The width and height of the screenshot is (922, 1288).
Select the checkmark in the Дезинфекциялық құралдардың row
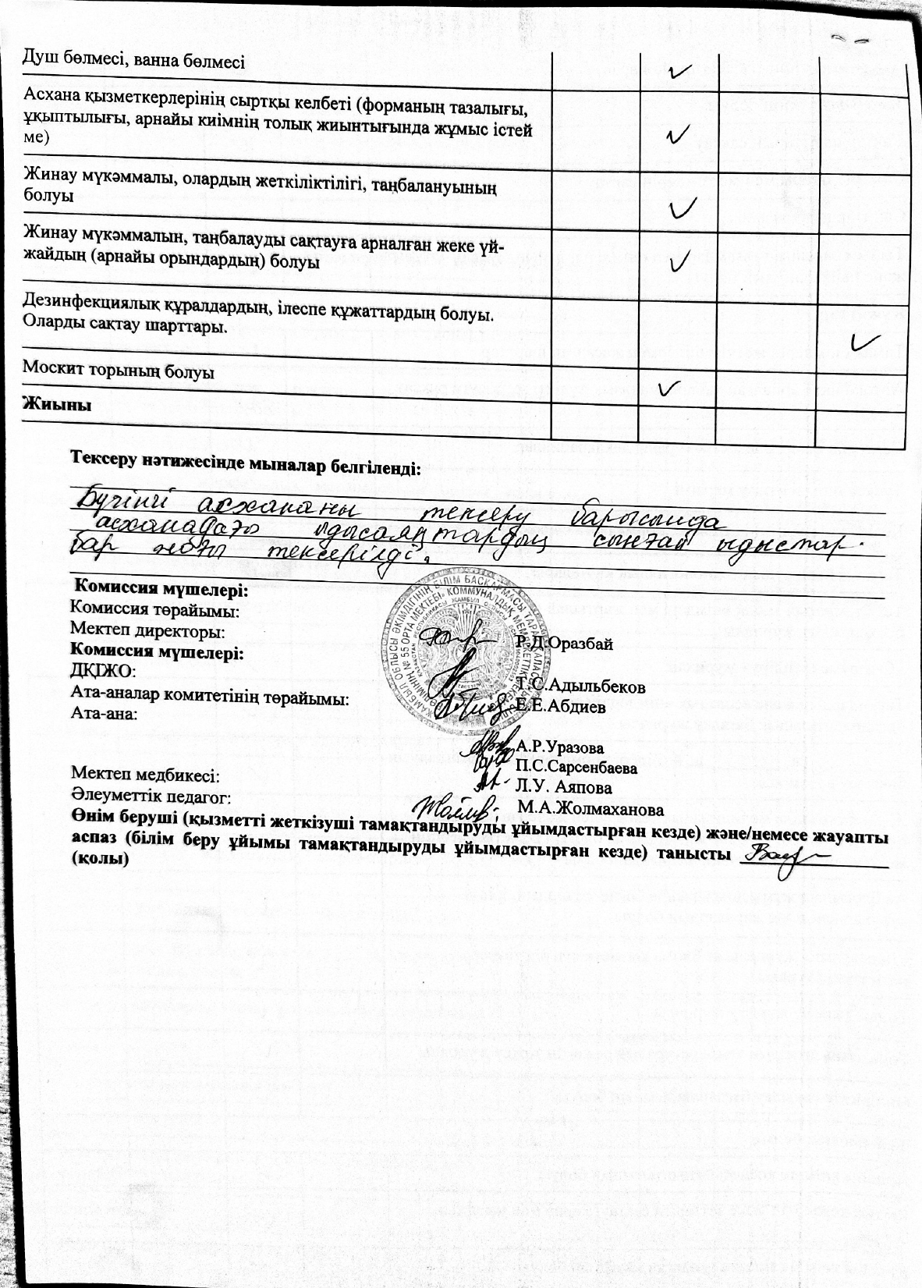point(865,341)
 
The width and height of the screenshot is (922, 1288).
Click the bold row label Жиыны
point(58,406)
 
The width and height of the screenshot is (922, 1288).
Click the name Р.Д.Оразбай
point(565,644)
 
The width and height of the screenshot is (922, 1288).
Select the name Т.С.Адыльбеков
point(581,687)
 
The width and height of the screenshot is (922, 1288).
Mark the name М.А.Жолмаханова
point(590,807)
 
